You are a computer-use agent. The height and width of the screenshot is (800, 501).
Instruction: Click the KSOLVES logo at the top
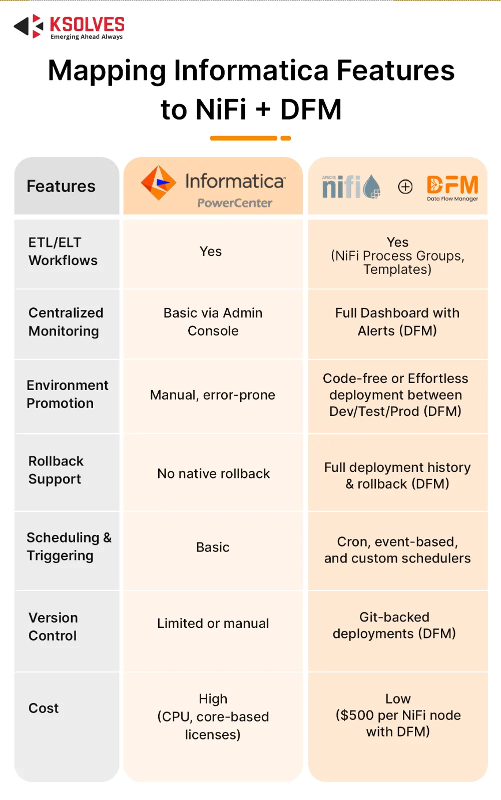(x=69, y=27)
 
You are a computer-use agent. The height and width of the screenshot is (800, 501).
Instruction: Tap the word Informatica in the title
(x=251, y=70)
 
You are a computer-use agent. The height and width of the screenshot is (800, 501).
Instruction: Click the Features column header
(x=61, y=186)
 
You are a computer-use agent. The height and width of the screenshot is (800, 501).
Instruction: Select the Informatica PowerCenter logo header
(x=213, y=186)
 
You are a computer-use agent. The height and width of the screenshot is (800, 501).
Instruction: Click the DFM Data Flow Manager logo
(x=452, y=187)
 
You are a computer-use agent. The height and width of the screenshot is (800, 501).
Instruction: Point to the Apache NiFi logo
(x=351, y=187)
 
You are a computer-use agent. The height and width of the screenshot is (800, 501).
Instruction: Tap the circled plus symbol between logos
(x=405, y=187)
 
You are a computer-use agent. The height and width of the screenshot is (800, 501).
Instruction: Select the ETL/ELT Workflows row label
(x=63, y=251)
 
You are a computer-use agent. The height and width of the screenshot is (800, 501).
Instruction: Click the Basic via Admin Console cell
(x=213, y=322)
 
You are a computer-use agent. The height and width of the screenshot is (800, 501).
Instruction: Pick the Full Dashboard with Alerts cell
(x=397, y=322)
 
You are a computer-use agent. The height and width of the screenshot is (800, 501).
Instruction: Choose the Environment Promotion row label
(x=68, y=394)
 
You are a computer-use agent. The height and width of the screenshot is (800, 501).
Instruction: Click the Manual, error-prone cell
(x=213, y=395)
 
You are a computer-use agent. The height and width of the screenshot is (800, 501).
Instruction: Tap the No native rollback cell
(x=214, y=473)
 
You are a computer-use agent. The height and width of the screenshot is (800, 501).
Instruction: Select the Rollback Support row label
(x=56, y=470)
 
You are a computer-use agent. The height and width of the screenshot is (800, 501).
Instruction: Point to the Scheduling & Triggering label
(x=69, y=546)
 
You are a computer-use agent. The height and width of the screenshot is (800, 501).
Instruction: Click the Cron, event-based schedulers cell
(x=397, y=550)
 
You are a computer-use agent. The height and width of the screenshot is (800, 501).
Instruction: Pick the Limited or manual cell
(x=213, y=623)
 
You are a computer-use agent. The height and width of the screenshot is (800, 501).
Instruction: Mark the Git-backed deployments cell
(x=394, y=625)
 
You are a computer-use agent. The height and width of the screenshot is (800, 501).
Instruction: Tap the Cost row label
(x=44, y=708)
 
